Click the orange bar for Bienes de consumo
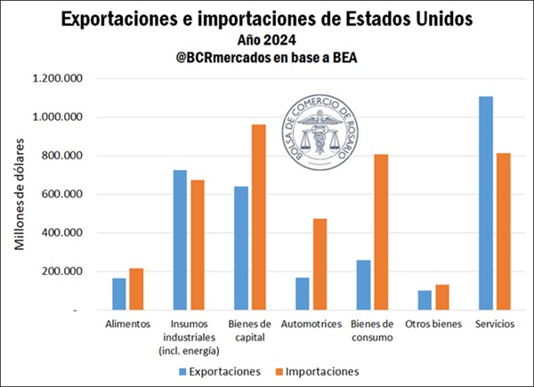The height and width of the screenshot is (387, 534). click(x=380, y=232)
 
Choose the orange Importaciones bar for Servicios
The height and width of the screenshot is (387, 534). click(x=502, y=231)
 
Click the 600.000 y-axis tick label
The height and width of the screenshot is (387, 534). click(x=62, y=194)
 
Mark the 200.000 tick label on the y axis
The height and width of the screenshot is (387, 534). click(x=62, y=271)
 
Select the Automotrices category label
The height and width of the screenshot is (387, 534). click(x=311, y=323)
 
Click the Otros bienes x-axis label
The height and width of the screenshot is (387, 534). click(x=433, y=323)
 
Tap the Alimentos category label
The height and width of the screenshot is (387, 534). click(x=127, y=323)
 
